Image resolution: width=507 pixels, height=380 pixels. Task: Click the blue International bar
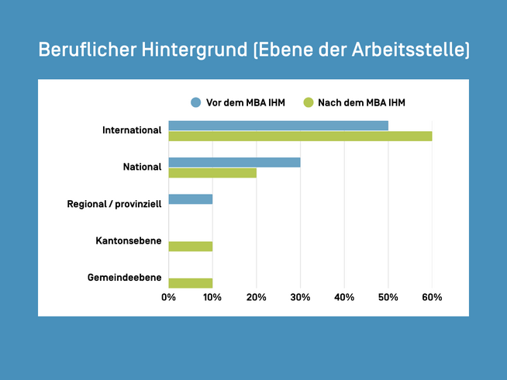pos(278,126)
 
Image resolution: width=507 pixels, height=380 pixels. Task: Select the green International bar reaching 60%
pos(300,136)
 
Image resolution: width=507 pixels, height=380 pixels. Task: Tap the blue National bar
pos(234,162)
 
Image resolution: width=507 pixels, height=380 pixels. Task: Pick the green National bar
pos(212,173)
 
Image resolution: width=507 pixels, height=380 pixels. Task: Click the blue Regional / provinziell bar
pos(190,199)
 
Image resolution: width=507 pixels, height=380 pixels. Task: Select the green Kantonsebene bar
pos(190,247)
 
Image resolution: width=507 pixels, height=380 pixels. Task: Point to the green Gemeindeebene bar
pos(190,283)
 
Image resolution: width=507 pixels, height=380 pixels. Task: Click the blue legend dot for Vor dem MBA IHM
pos(195,102)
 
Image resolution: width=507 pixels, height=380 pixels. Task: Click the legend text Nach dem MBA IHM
pos(361,102)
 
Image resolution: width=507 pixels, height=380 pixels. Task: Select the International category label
pos(132,130)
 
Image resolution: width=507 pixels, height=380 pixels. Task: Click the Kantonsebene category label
pos(129,241)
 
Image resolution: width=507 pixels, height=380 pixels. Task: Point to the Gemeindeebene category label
pos(126,278)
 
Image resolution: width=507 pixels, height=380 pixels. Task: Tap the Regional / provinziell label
pos(115,204)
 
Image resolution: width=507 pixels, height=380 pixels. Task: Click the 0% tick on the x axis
pos(168,298)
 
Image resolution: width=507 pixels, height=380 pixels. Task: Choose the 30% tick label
pos(300,298)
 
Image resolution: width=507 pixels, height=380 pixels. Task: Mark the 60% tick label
pos(432,298)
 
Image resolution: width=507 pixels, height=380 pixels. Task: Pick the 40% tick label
pos(344,298)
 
